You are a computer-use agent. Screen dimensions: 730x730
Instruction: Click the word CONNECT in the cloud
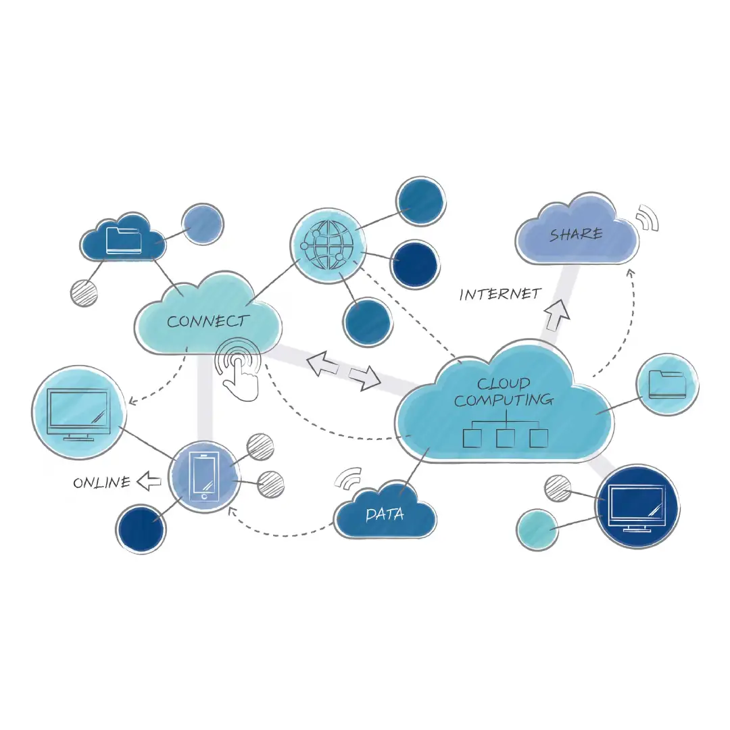coord(208,321)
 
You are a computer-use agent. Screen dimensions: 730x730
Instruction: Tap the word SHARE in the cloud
coord(576,235)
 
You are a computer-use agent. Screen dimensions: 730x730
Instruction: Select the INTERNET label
coord(500,294)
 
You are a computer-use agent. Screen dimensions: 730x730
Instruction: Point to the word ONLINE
coord(101,483)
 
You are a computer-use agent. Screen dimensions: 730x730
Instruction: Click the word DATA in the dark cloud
coord(385,514)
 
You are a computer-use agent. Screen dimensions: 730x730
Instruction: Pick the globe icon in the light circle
coord(327,244)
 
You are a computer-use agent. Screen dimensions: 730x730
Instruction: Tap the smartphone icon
coord(204,477)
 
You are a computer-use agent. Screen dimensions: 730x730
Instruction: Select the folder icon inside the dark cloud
coord(124,240)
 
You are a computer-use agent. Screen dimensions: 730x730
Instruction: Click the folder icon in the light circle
coord(666,385)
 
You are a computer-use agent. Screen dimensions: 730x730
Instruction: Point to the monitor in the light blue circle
coord(78,412)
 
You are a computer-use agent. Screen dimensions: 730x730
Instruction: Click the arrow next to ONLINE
coord(149,482)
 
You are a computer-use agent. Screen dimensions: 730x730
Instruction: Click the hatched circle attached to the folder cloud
coord(84,293)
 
